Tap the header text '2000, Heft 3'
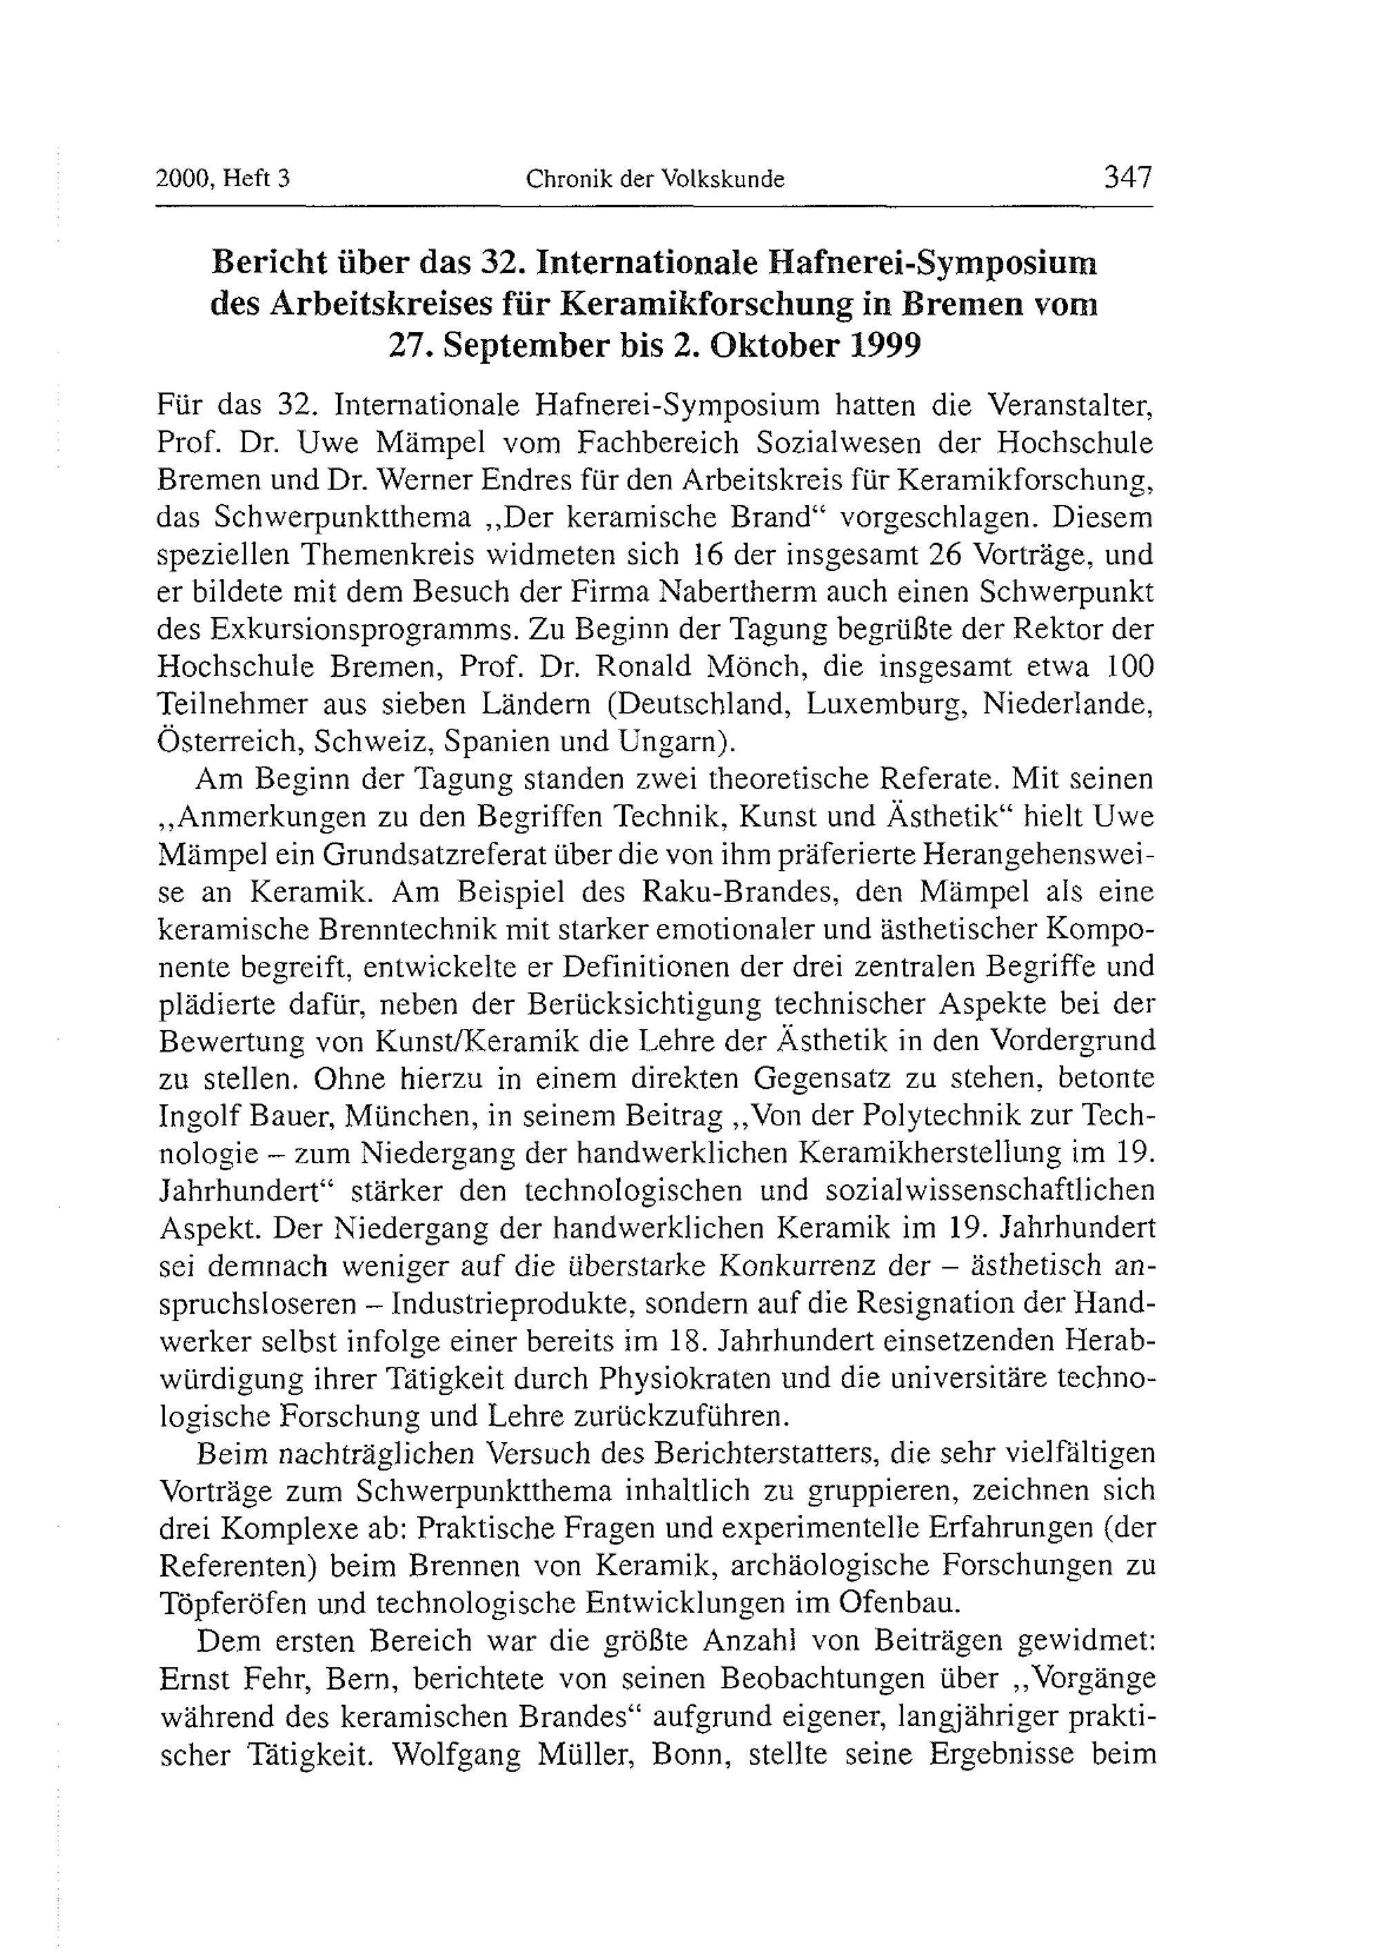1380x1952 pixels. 224,179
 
